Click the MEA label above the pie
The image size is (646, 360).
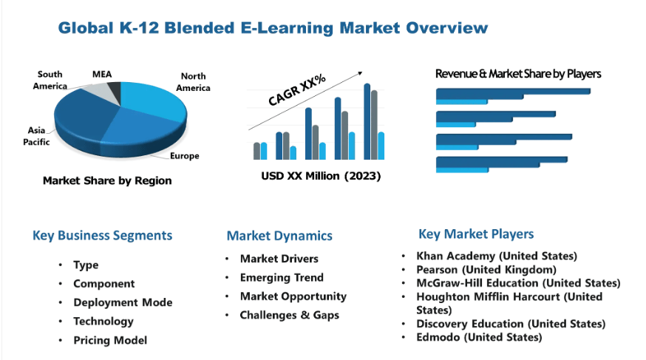(102, 74)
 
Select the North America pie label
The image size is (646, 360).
(193, 82)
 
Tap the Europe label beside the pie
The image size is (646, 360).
(185, 156)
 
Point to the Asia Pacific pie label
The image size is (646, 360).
(36, 136)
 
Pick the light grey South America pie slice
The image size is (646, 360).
(96, 92)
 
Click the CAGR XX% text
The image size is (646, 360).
(296, 89)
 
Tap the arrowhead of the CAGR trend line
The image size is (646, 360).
(360, 73)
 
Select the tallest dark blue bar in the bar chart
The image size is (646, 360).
(367, 121)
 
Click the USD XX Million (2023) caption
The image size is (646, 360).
(321, 176)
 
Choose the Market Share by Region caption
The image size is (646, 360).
(107, 180)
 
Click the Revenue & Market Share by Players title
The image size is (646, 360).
(518, 74)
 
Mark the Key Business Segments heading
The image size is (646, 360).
(102, 235)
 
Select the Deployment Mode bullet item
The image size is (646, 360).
(123, 302)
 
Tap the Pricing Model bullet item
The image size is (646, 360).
(110, 340)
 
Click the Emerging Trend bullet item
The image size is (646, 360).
(282, 278)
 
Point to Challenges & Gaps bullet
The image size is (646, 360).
(290, 315)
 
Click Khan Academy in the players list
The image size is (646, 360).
(455, 256)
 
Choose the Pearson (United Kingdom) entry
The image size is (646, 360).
(486, 269)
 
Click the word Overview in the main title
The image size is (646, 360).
(447, 27)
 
